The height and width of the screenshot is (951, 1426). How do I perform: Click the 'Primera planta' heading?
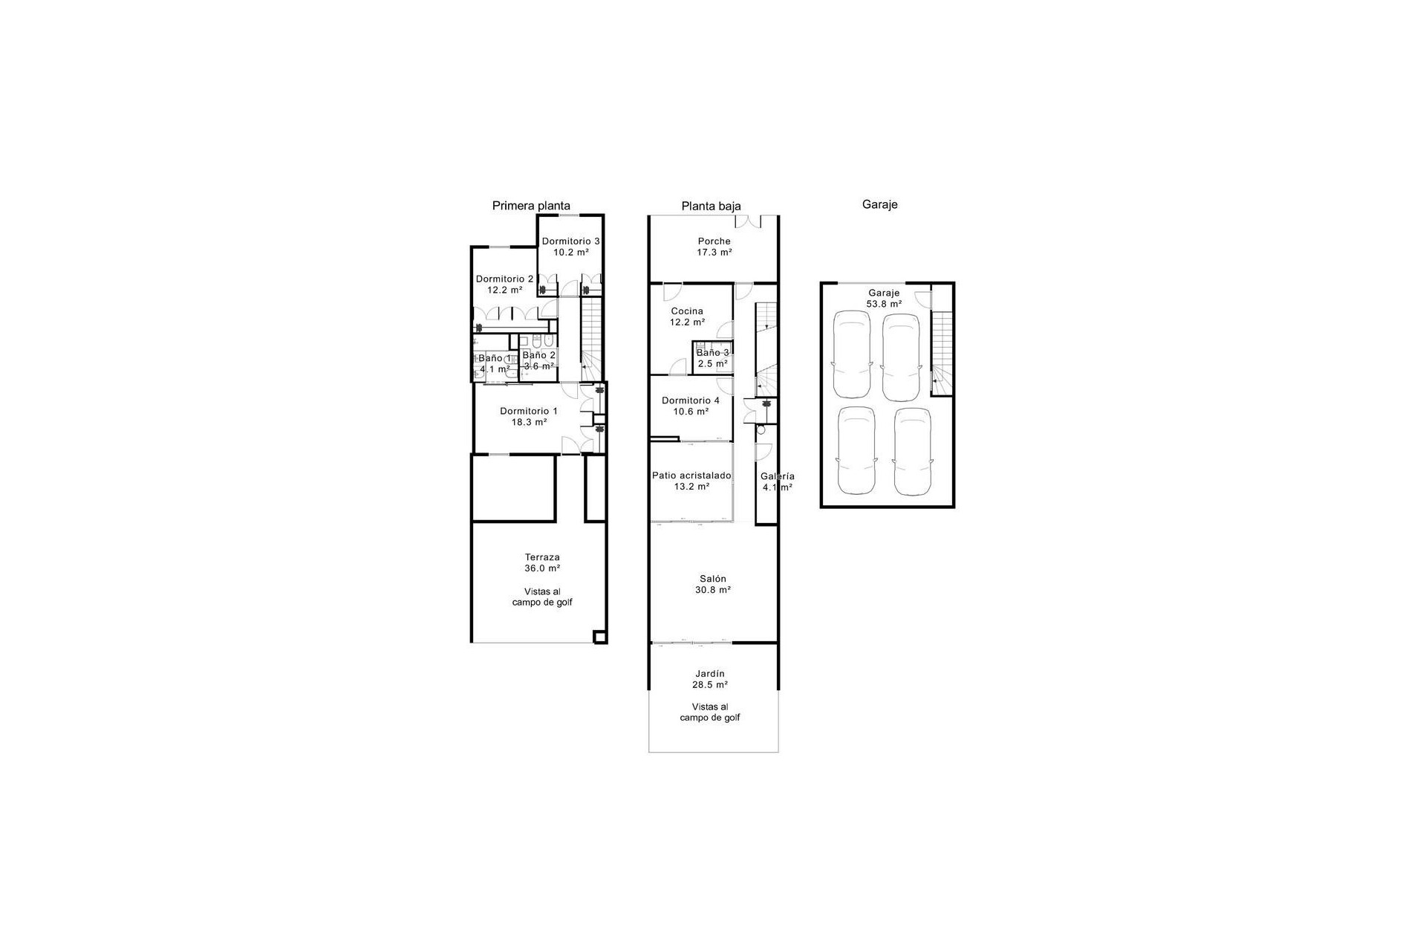pyautogui.click(x=531, y=206)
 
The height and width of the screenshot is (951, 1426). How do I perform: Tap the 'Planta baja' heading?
pyautogui.click(x=711, y=207)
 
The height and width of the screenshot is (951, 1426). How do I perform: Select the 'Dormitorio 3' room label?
pyautogui.click(x=570, y=241)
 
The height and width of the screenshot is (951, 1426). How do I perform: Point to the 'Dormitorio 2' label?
pyautogui.click(x=504, y=279)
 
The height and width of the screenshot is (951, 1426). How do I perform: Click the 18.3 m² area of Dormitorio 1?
pyautogui.click(x=529, y=422)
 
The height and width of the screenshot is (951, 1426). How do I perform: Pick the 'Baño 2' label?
pyautogui.click(x=538, y=355)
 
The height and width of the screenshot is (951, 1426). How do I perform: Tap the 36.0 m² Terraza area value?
pyautogui.click(x=542, y=568)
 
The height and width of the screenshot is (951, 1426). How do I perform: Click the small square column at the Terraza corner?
pyautogui.click(x=599, y=636)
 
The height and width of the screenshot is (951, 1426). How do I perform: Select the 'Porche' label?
pyautogui.click(x=714, y=241)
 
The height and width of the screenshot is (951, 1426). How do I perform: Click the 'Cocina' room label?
pyautogui.click(x=686, y=311)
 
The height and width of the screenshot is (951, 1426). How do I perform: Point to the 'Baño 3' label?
pyautogui.click(x=712, y=353)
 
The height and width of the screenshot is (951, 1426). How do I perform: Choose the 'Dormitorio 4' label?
pyautogui.click(x=690, y=400)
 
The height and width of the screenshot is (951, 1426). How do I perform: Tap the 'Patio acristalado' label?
pyautogui.click(x=691, y=475)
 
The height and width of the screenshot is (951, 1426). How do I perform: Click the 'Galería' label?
pyautogui.click(x=777, y=476)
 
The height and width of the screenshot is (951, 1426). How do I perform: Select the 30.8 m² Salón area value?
pyautogui.click(x=713, y=590)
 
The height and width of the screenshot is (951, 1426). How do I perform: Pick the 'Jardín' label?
pyautogui.click(x=710, y=674)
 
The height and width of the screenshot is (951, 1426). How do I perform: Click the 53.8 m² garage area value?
pyautogui.click(x=884, y=304)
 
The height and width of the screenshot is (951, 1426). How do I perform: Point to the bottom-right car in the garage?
pyautogui.click(x=913, y=451)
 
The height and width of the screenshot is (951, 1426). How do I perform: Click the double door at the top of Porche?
pyautogui.click(x=749, y=221)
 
